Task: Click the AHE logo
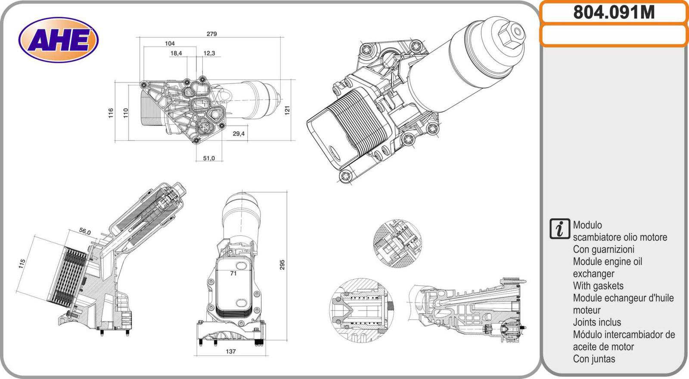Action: click(59, 40)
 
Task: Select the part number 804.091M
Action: click(614, 12)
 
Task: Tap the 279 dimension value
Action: click(211, 34)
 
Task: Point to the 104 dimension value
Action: click(170, 43)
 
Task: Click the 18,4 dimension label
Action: click(176, 53)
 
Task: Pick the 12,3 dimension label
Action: click(209, 53)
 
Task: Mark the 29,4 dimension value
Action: click(239, 134)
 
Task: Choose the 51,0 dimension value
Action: click(209, 158)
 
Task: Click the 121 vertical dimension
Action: click(287, 110)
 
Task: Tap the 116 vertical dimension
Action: click(111, 113)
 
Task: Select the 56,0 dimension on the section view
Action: click(85, 231)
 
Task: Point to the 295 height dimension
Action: click(282, 265)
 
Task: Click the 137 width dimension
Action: click(231, 351)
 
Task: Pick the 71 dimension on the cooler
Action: click(233, 273)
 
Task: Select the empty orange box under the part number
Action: click(614, 35)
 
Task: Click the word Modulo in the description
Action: click(587, 225)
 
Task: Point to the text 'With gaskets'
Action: click(598, 286)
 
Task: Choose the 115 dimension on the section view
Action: click(22, 264)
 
